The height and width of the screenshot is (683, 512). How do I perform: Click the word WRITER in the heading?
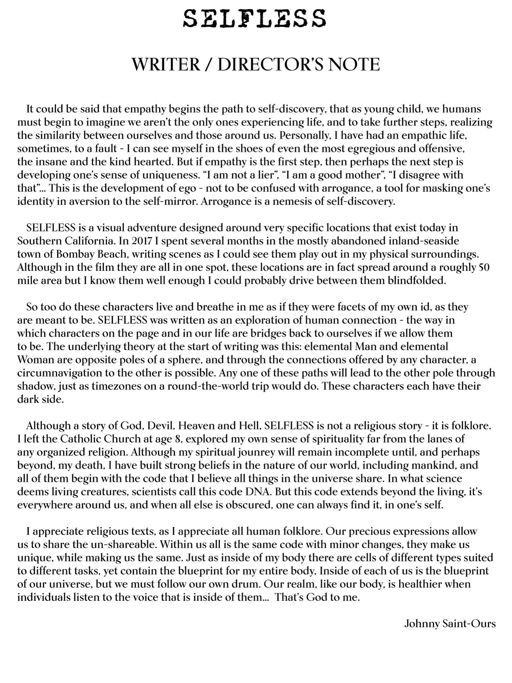(166, 64)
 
